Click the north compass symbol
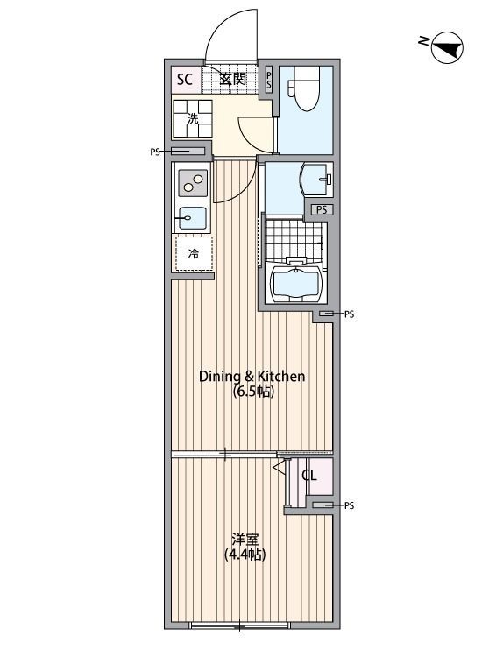click(x=447, y=47)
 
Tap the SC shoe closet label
click(x=184, y=79)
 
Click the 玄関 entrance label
click(x=232, y=78)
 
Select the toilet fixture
click(x=306, y=88)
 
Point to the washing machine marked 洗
click(x=193, y=118)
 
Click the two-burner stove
click(x=193, y=183)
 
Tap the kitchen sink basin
click(x=193, y=218)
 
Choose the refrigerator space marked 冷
click(x=194, y=253)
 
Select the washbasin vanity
click(x=317, y=180)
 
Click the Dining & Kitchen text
click(x=252, y=377)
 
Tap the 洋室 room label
click(x=245, y=539)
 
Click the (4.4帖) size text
click(x=245, y=555)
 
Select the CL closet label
click(x=309, y=476)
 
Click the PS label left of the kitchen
click(x=155, y=152)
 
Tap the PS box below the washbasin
click(x=322, y=209)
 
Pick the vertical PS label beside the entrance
click(x=269, y=80)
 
